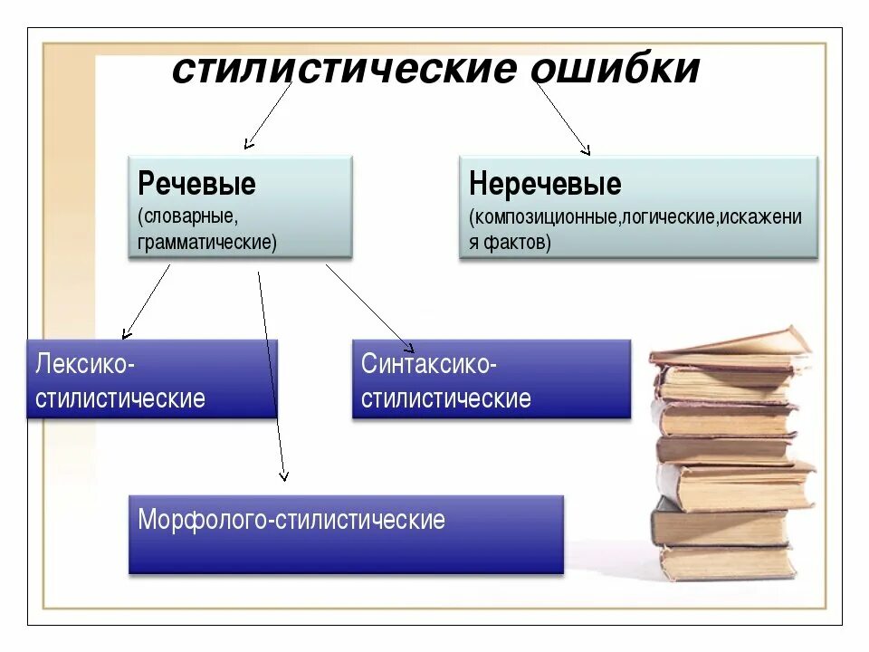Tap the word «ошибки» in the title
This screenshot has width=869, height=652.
pyautogui.click(x=616, y=70)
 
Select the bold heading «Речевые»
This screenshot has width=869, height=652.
pyautogui.click(x=197, y=184)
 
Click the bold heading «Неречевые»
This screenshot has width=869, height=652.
pyautogui.click(x=545, y=184)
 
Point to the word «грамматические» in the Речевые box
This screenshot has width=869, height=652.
pyautogui.click(x=207, y=242)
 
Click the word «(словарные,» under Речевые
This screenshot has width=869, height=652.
pyautogui.click(x=187, y=217)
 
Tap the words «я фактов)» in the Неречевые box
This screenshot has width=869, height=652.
pyautogui.click(x=510, y=242)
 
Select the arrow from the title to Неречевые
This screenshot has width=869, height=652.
pyautogui.click(x=561, y=116)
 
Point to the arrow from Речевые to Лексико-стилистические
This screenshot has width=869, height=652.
pyautogui.click(x=146, y=302)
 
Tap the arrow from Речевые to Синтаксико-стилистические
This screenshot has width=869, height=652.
pyautogui.click(x=369, y=306)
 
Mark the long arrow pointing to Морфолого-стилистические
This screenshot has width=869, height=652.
pyautogui.click(x=272, y=371)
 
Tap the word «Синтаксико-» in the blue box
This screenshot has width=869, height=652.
pyautogui.click(x=428, y=365)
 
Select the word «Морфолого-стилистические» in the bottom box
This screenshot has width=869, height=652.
pyautogui.click(x=291, y=520)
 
